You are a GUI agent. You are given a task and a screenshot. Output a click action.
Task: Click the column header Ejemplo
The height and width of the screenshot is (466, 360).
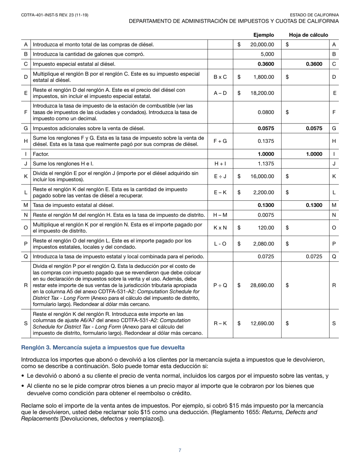click(263, 35)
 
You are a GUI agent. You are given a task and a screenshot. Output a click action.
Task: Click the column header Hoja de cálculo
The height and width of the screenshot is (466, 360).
click(308, 35)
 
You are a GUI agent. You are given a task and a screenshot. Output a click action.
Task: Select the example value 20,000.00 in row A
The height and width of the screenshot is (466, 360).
click(262, 45)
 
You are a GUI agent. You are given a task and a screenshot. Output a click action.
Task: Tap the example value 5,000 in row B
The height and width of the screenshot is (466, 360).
click(267, 54)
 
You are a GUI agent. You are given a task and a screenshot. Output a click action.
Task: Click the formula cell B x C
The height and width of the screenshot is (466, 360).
click(220, 77)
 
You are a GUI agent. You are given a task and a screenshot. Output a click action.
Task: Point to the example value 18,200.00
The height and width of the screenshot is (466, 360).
click(262, 93)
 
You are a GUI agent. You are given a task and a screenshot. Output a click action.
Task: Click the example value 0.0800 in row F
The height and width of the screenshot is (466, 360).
click(266, 112)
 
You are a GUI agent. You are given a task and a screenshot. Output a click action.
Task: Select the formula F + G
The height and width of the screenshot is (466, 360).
click(220, 141)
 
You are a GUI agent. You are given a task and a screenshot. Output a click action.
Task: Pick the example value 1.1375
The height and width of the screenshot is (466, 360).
click(266, 164)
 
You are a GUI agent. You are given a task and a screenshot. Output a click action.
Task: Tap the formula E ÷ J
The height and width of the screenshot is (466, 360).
click(220, 176)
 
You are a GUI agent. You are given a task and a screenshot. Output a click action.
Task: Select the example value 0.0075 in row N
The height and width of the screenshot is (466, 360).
click(266, 215)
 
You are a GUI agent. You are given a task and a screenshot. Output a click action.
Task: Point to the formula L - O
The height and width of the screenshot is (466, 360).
click(220, 244)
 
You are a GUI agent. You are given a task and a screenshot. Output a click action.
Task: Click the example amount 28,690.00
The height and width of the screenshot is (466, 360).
click(262, 285)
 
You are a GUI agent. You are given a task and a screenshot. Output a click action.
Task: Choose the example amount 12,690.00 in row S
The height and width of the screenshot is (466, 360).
click(262, 324)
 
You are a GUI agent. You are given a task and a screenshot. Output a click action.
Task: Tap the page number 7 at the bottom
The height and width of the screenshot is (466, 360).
click(180, 450)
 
